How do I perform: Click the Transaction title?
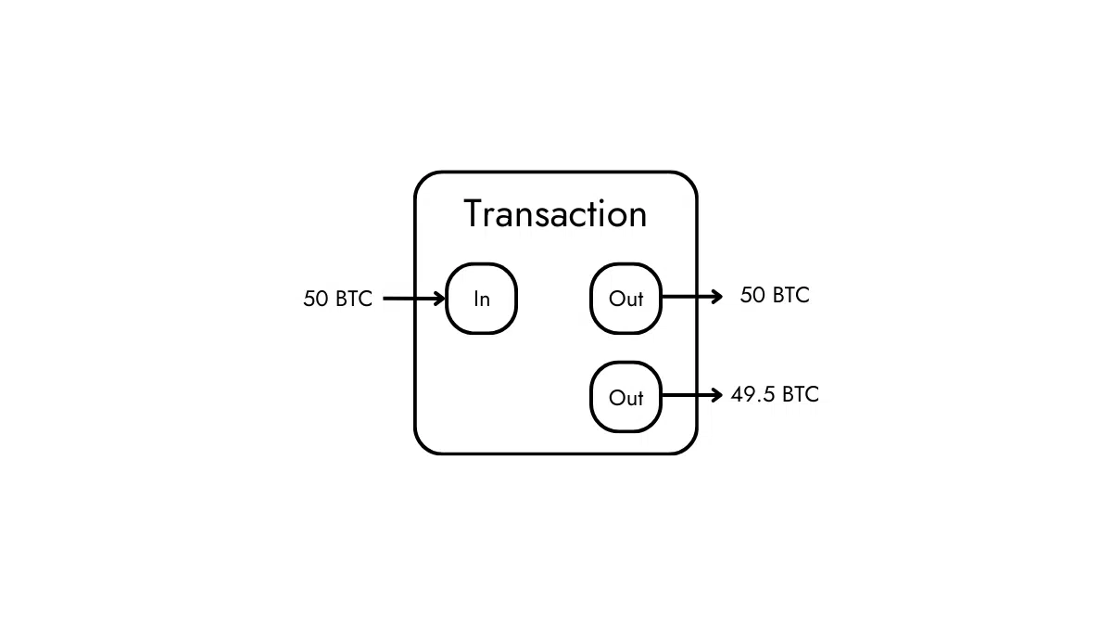[555, 214]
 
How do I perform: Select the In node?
[481, 299]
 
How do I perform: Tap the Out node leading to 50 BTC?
[625, 299]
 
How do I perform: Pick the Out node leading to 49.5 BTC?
[625, 397]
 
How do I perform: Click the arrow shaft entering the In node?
[408, 299]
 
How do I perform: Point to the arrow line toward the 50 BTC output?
[686, 297]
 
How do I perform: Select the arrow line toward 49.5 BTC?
[686, 395]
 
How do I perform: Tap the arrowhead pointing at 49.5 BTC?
[716, 395]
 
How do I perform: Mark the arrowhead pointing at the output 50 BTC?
[716, 297]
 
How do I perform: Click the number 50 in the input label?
[315, 300]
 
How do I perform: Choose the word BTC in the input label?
[353, 300]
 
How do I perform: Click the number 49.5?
[752, 394]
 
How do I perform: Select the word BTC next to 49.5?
[801, 394]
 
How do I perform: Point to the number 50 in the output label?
[752, 295]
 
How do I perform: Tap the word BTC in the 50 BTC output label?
[790, 295]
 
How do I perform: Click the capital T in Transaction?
[474, 214]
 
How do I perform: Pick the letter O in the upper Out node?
[616, 299]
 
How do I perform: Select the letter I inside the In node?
[475, 299]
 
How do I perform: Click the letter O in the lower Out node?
[616, 397]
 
